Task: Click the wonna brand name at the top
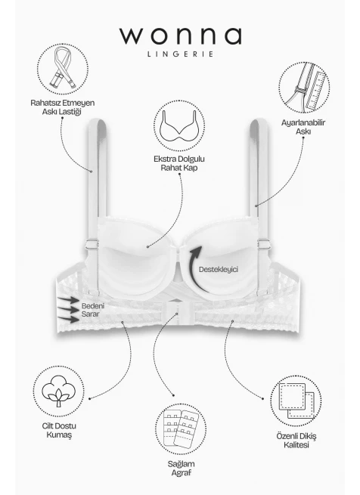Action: tap(181, 36)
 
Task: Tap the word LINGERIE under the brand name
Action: tap(181, 54)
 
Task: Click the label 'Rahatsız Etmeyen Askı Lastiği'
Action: tap(62, 107)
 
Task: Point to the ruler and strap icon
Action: tap(304, 88)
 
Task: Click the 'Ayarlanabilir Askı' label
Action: tap(303, 127)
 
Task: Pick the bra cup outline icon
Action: tap(179, 125)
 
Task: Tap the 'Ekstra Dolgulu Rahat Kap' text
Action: tap(179, 163)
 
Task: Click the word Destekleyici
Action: tap(219, 269)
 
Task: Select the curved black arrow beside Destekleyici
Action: tap(192, 268)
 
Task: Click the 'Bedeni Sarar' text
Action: tap(92, 310)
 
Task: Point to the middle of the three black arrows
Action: tap(68, 309)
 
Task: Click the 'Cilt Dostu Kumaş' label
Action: tap(59, 430)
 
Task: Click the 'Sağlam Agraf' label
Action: tap(181, 468)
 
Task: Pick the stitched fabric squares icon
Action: tap(296, 401)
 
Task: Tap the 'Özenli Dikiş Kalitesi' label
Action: tap(296, 441)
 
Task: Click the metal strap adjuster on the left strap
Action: tap(92, 244)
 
